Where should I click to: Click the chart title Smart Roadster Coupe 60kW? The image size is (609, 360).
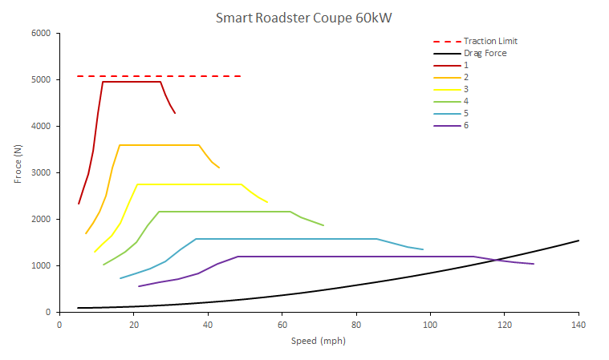pos(303,17)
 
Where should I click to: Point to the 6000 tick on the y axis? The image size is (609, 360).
pos(40,34)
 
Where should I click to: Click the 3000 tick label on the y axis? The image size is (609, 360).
pos(40,173)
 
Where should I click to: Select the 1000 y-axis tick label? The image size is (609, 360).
pos(40,266)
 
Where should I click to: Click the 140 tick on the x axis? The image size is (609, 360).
pos(579,325)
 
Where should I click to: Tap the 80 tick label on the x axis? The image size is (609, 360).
pos(355,325)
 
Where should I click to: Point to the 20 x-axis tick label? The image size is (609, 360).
pos(133,325)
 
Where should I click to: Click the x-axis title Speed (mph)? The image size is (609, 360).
pos(319,341)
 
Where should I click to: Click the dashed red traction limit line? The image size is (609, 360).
pos(160,76)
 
